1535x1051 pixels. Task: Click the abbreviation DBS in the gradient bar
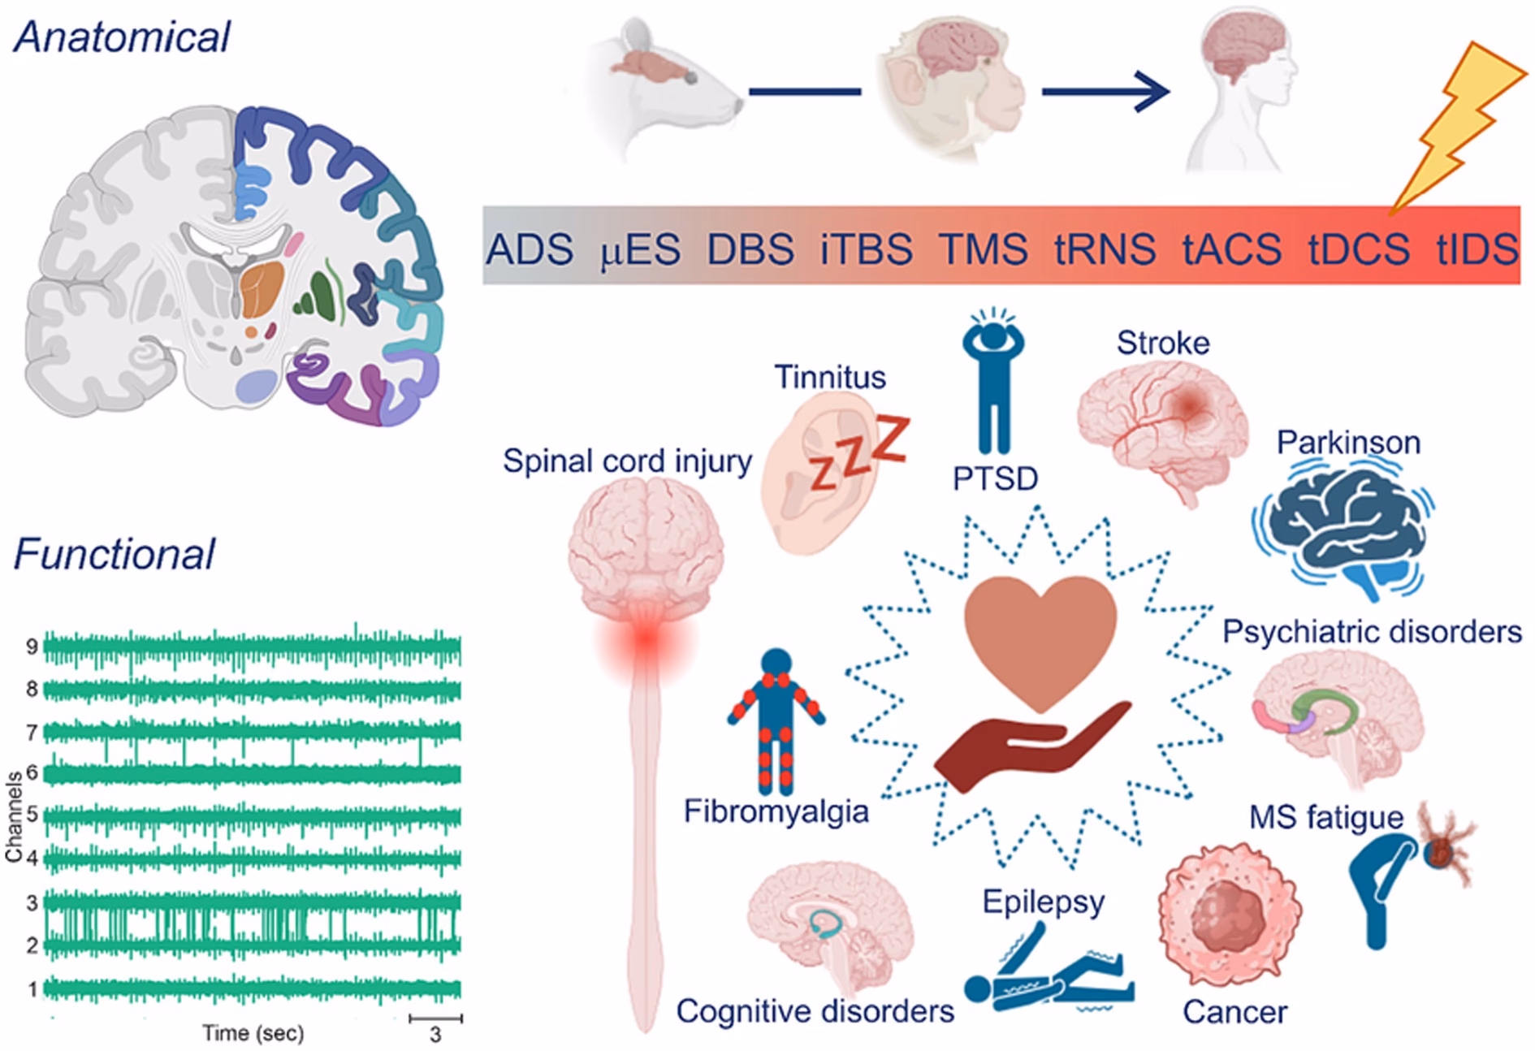point(750,249)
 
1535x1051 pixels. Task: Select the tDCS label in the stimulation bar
point(1358,249)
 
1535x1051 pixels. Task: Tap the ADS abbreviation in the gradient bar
point(530,249)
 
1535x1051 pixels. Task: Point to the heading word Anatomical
point(122,37)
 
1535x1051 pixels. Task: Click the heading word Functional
point(114,555)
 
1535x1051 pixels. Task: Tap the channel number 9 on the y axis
point(32,647)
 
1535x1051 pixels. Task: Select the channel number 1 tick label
point(32,989)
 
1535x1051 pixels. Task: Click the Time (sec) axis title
point(253,1033)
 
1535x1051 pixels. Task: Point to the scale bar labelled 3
point(435,1019)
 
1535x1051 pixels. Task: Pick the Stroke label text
point(1162,343)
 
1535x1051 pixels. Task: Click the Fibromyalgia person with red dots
point(776,723)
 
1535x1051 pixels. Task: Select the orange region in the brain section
point(262,289)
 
